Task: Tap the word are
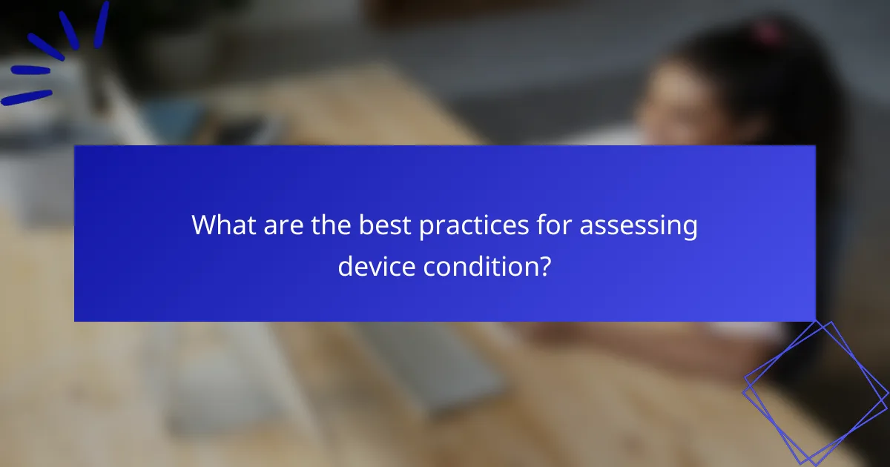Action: click(x=281, y=226)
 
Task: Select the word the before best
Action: click(x=329, y=226)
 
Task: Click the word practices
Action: click(x=475, y=227)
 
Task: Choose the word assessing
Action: click(x=639, y=228)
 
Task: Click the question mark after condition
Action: click(x=545, y=265)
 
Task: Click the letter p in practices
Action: click(x=426, y=229)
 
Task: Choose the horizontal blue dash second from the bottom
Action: click(x=30, y=70)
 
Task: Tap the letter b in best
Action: click(x=366, y=226)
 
